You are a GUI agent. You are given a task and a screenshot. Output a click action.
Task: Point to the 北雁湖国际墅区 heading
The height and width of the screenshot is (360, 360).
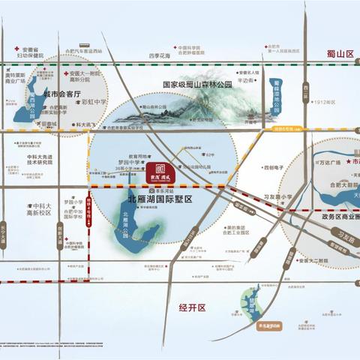160,199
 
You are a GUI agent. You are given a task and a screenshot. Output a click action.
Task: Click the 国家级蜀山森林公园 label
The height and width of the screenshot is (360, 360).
197,85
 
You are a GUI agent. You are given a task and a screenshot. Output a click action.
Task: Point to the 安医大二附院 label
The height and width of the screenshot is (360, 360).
312,261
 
